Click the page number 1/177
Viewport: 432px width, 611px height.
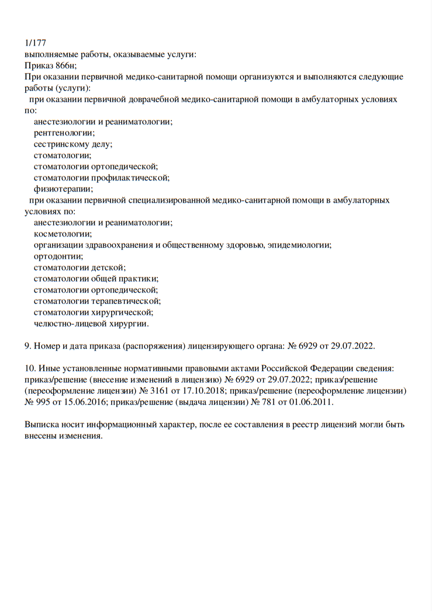[x=35, y=43]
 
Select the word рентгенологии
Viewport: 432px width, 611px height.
[x=64, y=133]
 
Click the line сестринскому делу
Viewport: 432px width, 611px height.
[x=72, y=144]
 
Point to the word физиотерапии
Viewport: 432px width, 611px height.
[x=63, y=188]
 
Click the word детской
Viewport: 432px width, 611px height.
[x=108, y=267]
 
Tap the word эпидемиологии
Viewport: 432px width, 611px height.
[x=299, y=245]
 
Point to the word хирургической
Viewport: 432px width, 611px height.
[x=122, y=312]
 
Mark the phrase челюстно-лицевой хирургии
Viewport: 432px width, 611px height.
[x=91, y=323]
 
